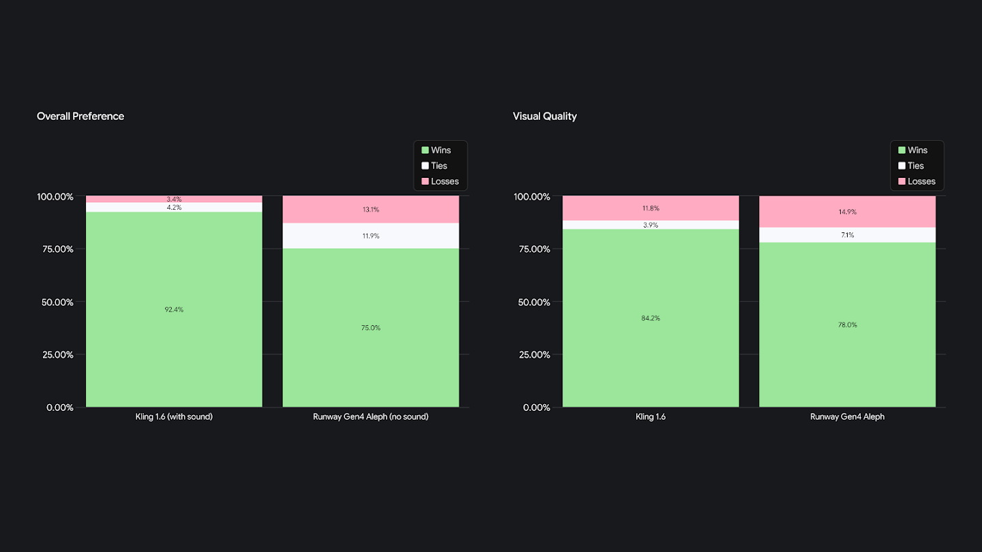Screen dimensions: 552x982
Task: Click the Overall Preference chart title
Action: point(80,117)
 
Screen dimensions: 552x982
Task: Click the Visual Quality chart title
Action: point(544,117)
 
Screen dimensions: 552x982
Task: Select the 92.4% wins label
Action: point(174,309)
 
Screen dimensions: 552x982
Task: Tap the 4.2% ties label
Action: point(174,207)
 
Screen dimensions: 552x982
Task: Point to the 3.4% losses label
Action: point(174,199)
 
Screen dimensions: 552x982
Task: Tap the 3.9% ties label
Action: point(651,225)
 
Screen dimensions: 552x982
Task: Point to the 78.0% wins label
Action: point(847,325)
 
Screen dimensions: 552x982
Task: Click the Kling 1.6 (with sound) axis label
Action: point(174,416)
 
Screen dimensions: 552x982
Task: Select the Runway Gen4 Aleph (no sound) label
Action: point(371,416)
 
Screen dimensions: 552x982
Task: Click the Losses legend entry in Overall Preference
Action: point(440,181)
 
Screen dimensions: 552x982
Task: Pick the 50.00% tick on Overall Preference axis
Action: point(55,302)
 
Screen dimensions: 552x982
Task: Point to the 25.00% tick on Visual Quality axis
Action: point(531,354)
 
